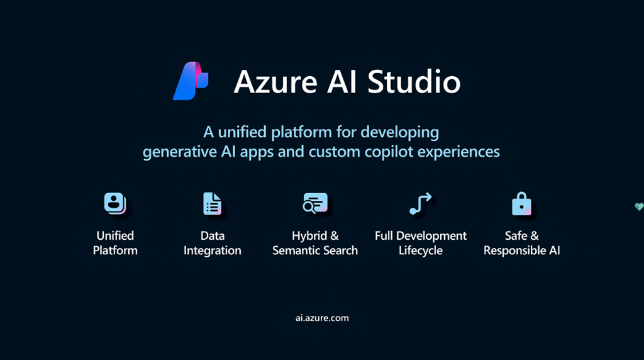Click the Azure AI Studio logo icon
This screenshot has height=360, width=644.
191,81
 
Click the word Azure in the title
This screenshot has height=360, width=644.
275,81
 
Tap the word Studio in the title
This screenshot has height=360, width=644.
414,81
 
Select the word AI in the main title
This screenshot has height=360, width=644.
343,81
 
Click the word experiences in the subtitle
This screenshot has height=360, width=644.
458,152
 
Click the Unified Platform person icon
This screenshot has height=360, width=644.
115,203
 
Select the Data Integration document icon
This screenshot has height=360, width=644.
213,203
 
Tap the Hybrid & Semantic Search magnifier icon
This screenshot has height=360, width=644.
315,203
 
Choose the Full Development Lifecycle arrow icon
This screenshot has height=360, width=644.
421,203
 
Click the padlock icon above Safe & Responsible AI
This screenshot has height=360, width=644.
521,203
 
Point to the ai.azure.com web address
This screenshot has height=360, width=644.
322,318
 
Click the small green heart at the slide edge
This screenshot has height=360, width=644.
639,206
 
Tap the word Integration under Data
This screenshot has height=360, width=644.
213,250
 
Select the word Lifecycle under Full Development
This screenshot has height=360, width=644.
421,250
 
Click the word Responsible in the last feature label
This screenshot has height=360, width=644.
513,250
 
